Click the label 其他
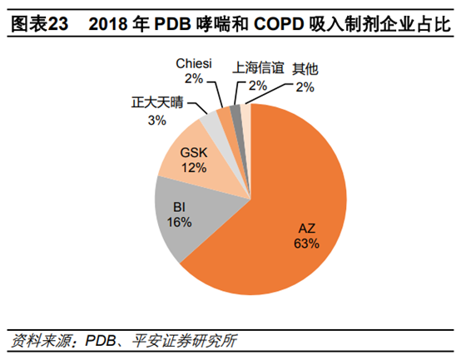pos(305,67)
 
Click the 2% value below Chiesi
pos(194,79)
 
